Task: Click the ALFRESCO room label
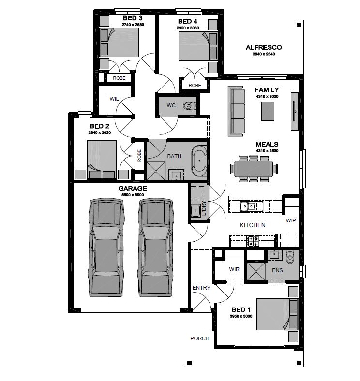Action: coord(264,47)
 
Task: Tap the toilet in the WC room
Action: coord(189,105)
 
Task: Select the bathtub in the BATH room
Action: coord(199,161)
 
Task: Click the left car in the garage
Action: coord(106,247)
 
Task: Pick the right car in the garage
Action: coord(156,247)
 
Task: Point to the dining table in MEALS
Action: coord(254,169)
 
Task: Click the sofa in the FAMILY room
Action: coord(236,111)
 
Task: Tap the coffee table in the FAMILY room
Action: coord(268,111)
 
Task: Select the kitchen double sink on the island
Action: coord(251,206)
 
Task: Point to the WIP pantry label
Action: coord(291,220)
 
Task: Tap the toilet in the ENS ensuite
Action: coord(290,258)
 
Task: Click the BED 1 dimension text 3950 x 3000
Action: coord(241,316)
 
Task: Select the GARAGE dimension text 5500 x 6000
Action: coord(133,195)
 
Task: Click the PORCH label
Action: coord(200,338)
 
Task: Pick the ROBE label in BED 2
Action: coord(139,156)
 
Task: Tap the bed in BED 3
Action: coord(119,43)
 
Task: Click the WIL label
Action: coord(114,99)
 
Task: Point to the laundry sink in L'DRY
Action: coord(195,210)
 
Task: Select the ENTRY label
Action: coord(201,288)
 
